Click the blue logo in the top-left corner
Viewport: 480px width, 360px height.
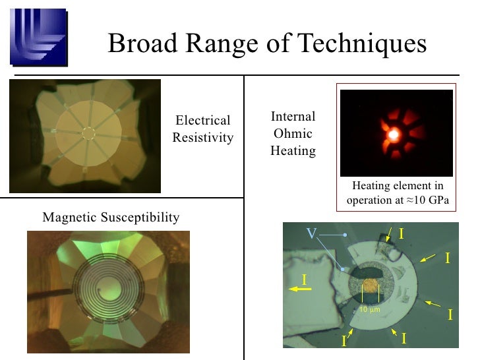38,38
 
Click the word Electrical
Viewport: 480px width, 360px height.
202,121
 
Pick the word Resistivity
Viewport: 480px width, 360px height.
202,137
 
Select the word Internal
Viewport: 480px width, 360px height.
293,117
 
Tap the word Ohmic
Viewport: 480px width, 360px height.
293,134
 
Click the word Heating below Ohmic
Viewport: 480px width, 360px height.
293,151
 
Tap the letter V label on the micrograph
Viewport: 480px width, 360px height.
313,233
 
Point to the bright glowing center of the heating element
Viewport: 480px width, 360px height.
394,134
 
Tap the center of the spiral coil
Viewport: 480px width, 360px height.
107,290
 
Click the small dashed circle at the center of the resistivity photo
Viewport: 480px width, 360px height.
88,133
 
